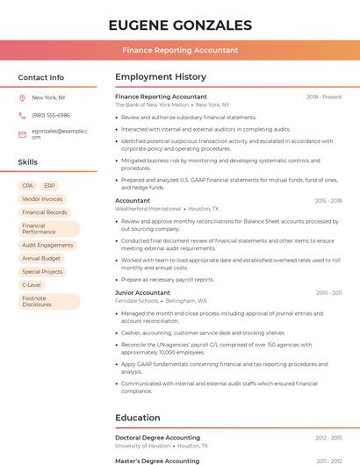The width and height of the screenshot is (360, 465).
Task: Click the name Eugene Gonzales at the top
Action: [x=180, y=25]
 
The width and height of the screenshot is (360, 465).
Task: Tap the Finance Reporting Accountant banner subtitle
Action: [x=180, y=50]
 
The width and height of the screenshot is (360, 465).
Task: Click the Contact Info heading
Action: [x=40, y=77]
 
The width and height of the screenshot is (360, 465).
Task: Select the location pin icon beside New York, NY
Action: [x=22, y=98]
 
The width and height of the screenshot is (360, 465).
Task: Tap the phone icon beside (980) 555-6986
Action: [x=22, y=115]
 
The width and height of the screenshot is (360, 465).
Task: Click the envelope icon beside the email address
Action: [x=22, y=134]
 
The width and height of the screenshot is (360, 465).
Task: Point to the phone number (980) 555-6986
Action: [x=51, y=115]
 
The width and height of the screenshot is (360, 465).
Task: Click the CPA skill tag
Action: [x=27, y=186]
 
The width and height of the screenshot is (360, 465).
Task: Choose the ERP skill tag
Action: [x=49, y=186]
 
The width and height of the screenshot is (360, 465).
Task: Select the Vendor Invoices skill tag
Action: [x=42, y=199]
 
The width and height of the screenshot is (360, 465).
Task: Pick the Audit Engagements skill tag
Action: [x=47, y=246]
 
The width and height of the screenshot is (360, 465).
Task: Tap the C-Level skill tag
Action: [x=31, y=285]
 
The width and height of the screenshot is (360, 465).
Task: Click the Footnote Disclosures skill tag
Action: [x=37, y=302]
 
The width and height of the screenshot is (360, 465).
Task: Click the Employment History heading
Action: [x=161, y=77]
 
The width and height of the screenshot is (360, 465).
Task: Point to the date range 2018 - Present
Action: [x=324, y=97]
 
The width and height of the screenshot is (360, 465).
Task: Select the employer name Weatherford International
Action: [x=148, y=209]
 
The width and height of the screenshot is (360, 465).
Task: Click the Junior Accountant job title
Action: [x=142, y=292]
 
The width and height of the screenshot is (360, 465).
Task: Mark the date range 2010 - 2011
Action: [x=328, y=292]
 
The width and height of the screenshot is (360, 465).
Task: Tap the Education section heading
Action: [x=138, y=418]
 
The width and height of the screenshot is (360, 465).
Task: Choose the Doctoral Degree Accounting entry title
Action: [x=157, y=437]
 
